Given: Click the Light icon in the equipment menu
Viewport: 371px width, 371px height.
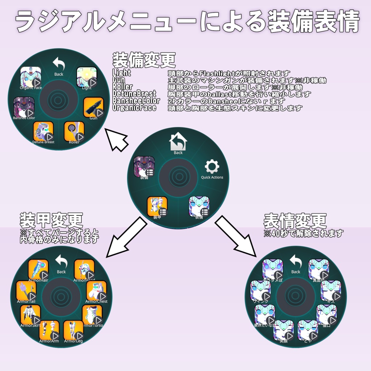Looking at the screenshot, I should tap(87, 77).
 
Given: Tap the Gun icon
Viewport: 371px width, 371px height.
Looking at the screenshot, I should tap(93, 108).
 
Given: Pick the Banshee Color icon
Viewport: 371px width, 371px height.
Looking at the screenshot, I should tap(24, 107).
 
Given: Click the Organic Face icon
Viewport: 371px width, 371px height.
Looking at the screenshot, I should tap(31, 77).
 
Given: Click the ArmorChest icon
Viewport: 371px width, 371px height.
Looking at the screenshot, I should tap(97, 291).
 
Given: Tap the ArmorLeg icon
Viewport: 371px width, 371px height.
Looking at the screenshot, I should tap(74, 330).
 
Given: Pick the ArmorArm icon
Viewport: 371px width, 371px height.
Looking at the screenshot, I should tap(49, 330).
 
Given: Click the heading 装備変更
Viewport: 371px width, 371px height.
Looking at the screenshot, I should tap(143, 60).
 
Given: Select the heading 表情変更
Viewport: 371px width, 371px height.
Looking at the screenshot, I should tap(295, 220).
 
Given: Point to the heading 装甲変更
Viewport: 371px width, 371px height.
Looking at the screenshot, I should tap(51, 220).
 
